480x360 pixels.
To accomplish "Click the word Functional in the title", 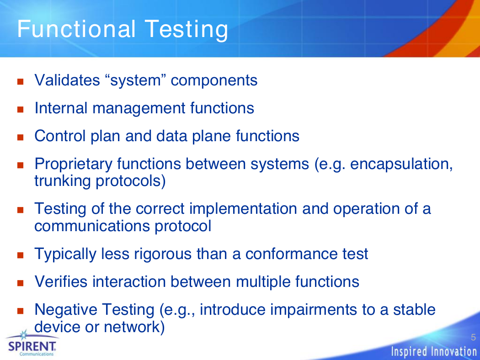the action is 76,29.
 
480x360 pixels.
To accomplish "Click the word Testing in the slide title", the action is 187,30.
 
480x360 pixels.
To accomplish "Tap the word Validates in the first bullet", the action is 67,80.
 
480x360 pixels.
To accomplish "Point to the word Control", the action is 60,136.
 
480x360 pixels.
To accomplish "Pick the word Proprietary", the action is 74,164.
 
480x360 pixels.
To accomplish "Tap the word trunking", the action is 63,181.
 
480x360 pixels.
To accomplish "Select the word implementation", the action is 243,209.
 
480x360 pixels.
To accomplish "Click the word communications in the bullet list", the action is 92,226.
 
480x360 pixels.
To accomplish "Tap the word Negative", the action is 66,310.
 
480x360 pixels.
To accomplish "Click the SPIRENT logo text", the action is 32,347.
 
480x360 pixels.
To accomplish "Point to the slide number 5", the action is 473,337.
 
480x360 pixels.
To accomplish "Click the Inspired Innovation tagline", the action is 434,351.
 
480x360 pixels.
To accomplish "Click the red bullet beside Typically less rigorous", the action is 21,255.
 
